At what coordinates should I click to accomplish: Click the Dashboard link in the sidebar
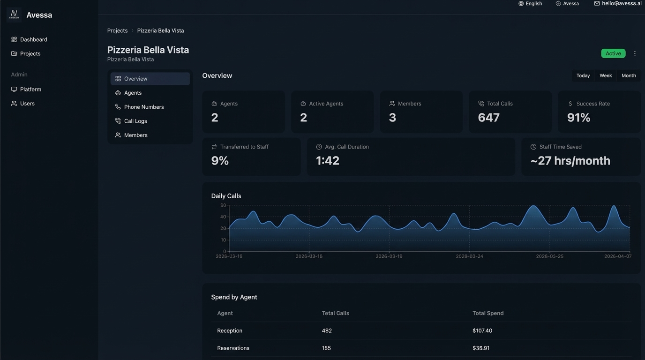33,39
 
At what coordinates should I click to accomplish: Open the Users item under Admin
27,103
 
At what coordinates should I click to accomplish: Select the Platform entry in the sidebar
30,89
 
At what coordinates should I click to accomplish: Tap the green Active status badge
613,53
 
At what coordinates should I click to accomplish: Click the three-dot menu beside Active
635,53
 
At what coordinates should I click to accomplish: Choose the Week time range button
606,75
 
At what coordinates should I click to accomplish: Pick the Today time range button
583,75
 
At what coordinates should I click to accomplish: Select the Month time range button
629,75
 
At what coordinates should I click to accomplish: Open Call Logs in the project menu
135,121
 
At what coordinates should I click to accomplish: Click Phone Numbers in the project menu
144,107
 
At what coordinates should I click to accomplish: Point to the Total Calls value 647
488,118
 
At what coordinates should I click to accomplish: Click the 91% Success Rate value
578,118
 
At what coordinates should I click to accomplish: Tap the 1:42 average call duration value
327,161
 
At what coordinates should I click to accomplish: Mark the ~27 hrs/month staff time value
570,161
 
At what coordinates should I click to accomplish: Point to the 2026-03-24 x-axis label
469,256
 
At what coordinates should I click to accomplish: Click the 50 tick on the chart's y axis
223,205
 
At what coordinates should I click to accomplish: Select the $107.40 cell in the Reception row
482,330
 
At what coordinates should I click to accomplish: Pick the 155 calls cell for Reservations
326,348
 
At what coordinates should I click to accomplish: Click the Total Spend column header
488,313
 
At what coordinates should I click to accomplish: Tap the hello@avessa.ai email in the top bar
622,3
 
